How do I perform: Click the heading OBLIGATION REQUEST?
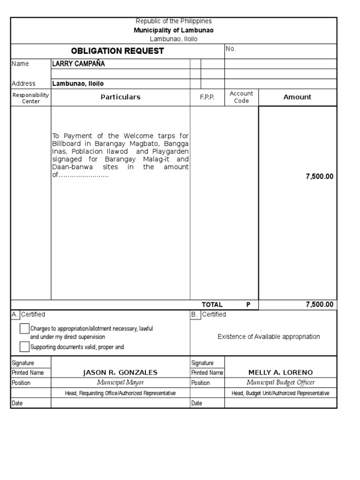pyautogui.click(x=117, y=51)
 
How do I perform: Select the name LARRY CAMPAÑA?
pyautogui.click(x=78, y=64)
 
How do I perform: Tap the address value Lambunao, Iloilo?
pyautogui.click(x=78, y=84)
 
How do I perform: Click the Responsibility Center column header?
pyautogui.click(x=31, y=97)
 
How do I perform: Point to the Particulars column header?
pyautogui.click(x=120, y=97)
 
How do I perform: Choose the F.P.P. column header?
pyautogui.click(x=207, y=97)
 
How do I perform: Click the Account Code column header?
pyautogui.click(x=241, y=97)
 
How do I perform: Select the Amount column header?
pyautogui.click(x=297, y=97)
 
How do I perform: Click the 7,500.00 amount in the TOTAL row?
pyautogui.click(x=319, y=305)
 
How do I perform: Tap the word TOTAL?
pyautogui.click(x=212, y=305)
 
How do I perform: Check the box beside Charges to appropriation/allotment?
pyautogui.click(x=24, y=329)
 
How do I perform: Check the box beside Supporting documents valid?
pyautogui.click(x=24, y=347)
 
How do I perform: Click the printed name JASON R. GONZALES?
pyautogui.click(x=120, y=373)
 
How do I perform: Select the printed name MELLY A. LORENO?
pyautogui.click(x=280, y=373)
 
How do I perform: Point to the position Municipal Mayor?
pyautogui.click(x=120, y=382)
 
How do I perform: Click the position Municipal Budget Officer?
pyautogui.click(x=280, y=382)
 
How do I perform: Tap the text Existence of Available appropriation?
pyautogui.click(x=269, y=337)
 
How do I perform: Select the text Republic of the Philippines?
pyautogui.click(x=173, y=21)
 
